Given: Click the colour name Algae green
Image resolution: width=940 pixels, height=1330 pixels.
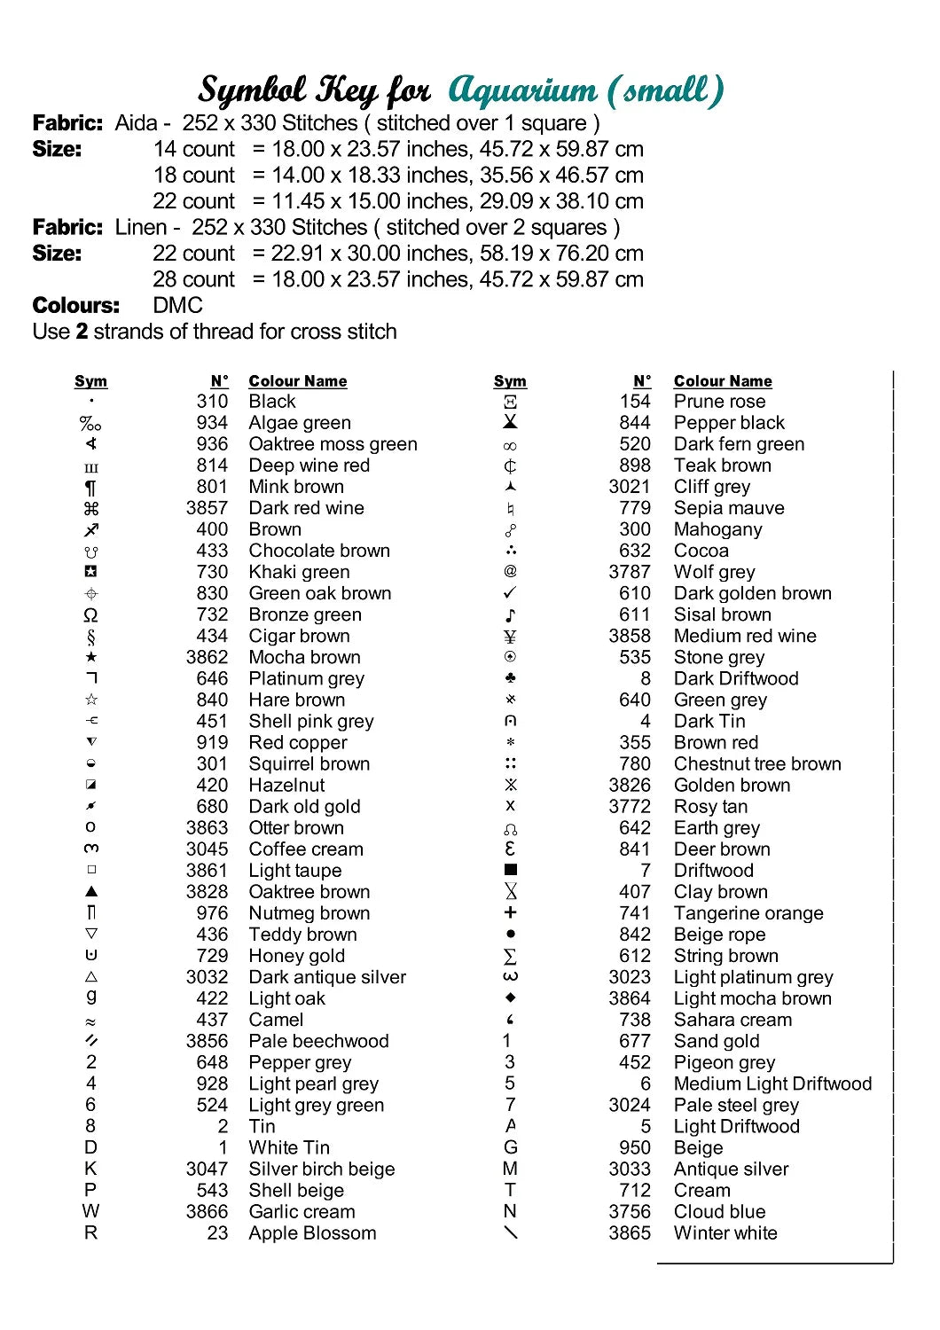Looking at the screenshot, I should pos(300,423).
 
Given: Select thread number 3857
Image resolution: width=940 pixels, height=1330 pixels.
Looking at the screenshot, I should pos(207,508).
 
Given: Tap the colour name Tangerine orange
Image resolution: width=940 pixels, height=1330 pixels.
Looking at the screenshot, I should pos(748,913).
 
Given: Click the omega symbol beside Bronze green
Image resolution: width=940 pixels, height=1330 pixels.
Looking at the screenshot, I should pos(90,615).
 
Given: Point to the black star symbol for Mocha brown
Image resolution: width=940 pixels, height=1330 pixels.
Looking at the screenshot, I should pos(90,657).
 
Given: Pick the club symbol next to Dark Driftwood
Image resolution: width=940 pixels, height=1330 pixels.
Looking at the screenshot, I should pos(510,678).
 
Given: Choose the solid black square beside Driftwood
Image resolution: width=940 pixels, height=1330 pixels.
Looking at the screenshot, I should pos(510,870).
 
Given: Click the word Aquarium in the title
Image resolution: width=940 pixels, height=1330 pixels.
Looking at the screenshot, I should pos(522,90).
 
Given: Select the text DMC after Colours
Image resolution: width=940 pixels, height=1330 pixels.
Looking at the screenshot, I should pos(177,306).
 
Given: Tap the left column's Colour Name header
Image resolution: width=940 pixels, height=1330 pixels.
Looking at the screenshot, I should pos(298,381).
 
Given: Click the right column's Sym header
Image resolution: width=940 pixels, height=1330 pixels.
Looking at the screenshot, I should pos(510,381).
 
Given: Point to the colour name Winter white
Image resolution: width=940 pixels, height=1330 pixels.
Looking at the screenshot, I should pos(725,1233).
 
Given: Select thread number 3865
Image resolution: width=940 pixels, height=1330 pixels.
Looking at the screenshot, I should pos(630,1233).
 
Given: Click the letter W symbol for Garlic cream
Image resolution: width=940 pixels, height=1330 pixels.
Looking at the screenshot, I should pos(90,1211).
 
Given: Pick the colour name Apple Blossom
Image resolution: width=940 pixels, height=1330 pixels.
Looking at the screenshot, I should pos(312,1233).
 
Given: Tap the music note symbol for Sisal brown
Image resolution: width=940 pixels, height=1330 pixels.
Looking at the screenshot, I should pos(510,614).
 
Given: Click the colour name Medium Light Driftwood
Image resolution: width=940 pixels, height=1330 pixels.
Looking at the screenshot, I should pos(772,1084).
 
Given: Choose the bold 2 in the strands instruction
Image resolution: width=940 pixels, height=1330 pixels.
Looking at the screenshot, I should pos(82,332).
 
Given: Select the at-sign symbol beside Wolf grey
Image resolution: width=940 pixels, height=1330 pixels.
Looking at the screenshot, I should pos(510,572).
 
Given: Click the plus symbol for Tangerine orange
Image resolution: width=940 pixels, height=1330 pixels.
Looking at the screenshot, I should pos(510,912).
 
